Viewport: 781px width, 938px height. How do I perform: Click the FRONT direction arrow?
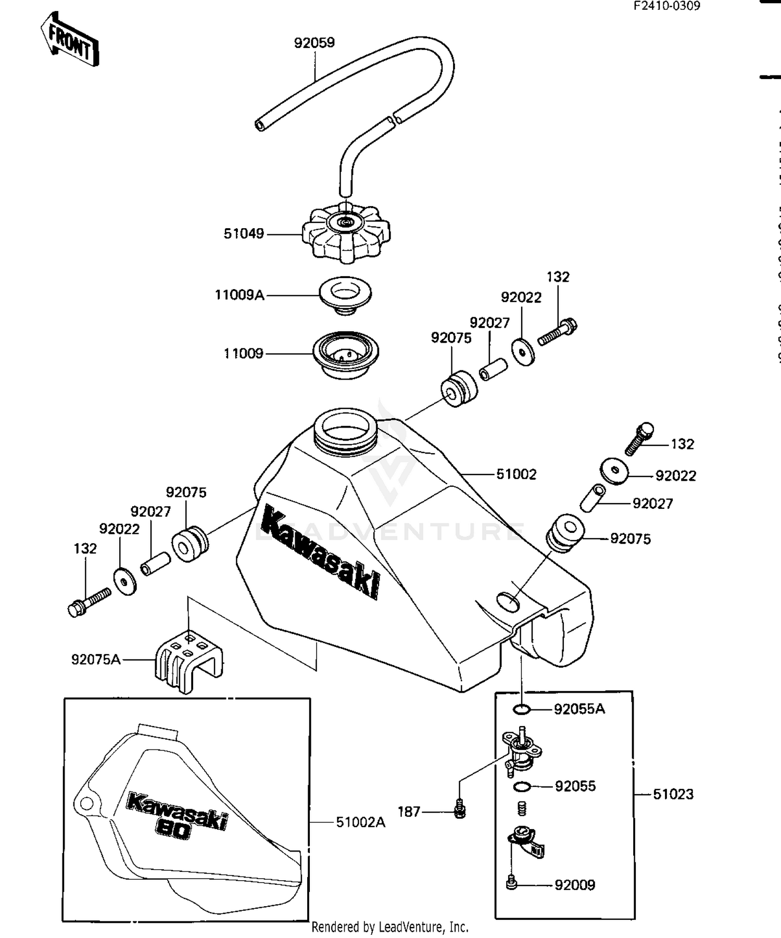pyautogui.click(x=70, y=40)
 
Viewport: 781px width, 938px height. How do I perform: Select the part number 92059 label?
pyautogui.click(x=314, y=43)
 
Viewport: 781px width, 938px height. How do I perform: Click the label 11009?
pyautogui.click(x=243, y=354)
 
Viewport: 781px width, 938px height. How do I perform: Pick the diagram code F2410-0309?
pyautogui.click(x=666, y=6)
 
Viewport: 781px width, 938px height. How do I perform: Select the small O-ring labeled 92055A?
pyautogui.click(x=521, y=709)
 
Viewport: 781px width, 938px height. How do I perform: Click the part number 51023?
pyautogui.click(x=673, y=794)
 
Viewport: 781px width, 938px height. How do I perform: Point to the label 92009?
pyautogui.click(x=575, y=885)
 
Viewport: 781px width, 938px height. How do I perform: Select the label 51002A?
pyautogui.click(x=360, y=822)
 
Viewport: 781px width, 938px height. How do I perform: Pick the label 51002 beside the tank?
pyautogui.click(x=516, y=474)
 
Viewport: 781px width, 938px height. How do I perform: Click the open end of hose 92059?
pyautogui.click(x=260, y=126)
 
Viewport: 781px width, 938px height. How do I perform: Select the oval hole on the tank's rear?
pyautogui.click(x=508, y=601)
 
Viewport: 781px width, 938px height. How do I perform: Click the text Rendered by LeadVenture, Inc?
pyautogui.click(x=390, y=927)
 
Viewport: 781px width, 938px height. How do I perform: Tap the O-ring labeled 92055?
pyautogui.click(x=522, y=786)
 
